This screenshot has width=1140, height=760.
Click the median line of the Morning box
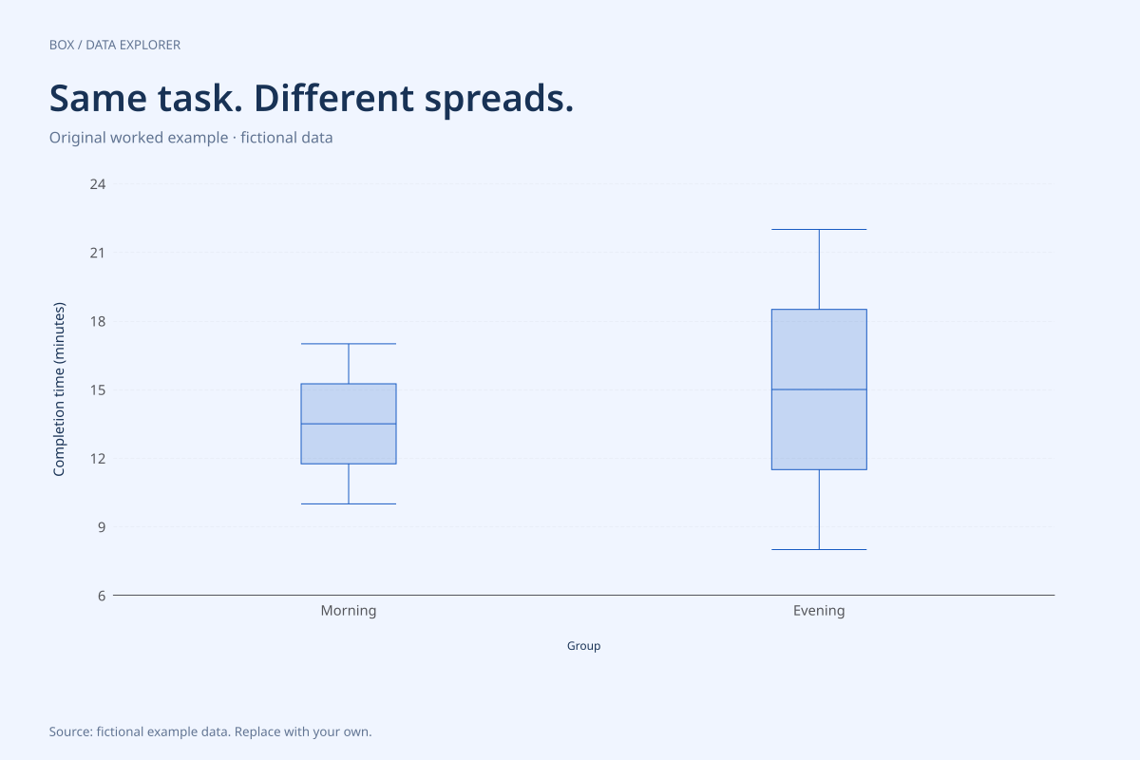click(349, 424)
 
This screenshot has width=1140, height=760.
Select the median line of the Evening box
click(819, 389)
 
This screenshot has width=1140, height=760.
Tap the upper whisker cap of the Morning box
click(349, 344)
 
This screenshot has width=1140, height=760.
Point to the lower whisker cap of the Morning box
click(349, 503)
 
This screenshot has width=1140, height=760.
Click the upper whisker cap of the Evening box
click(819, 230)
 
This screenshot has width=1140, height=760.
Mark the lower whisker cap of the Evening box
click(819, 550)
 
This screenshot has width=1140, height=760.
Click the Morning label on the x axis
click(349, 610)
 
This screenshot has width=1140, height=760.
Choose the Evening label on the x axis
click(819, 610)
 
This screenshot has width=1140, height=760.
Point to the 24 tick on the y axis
click(98, 184)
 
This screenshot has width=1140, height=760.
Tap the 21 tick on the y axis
click(98, 253)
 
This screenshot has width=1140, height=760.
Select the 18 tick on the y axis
click(98, 322)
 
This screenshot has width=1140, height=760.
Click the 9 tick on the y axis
click(102, 527)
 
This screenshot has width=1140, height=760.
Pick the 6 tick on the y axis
click(102, 596)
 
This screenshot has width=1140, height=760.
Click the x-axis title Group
click(583, 646)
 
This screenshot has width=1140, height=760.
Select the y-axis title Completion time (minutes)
click(59, 389)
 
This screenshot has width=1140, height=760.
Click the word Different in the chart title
click(333, 98)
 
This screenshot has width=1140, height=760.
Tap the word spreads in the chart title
click(499, 100)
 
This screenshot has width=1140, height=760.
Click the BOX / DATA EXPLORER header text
click(115, 45)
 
